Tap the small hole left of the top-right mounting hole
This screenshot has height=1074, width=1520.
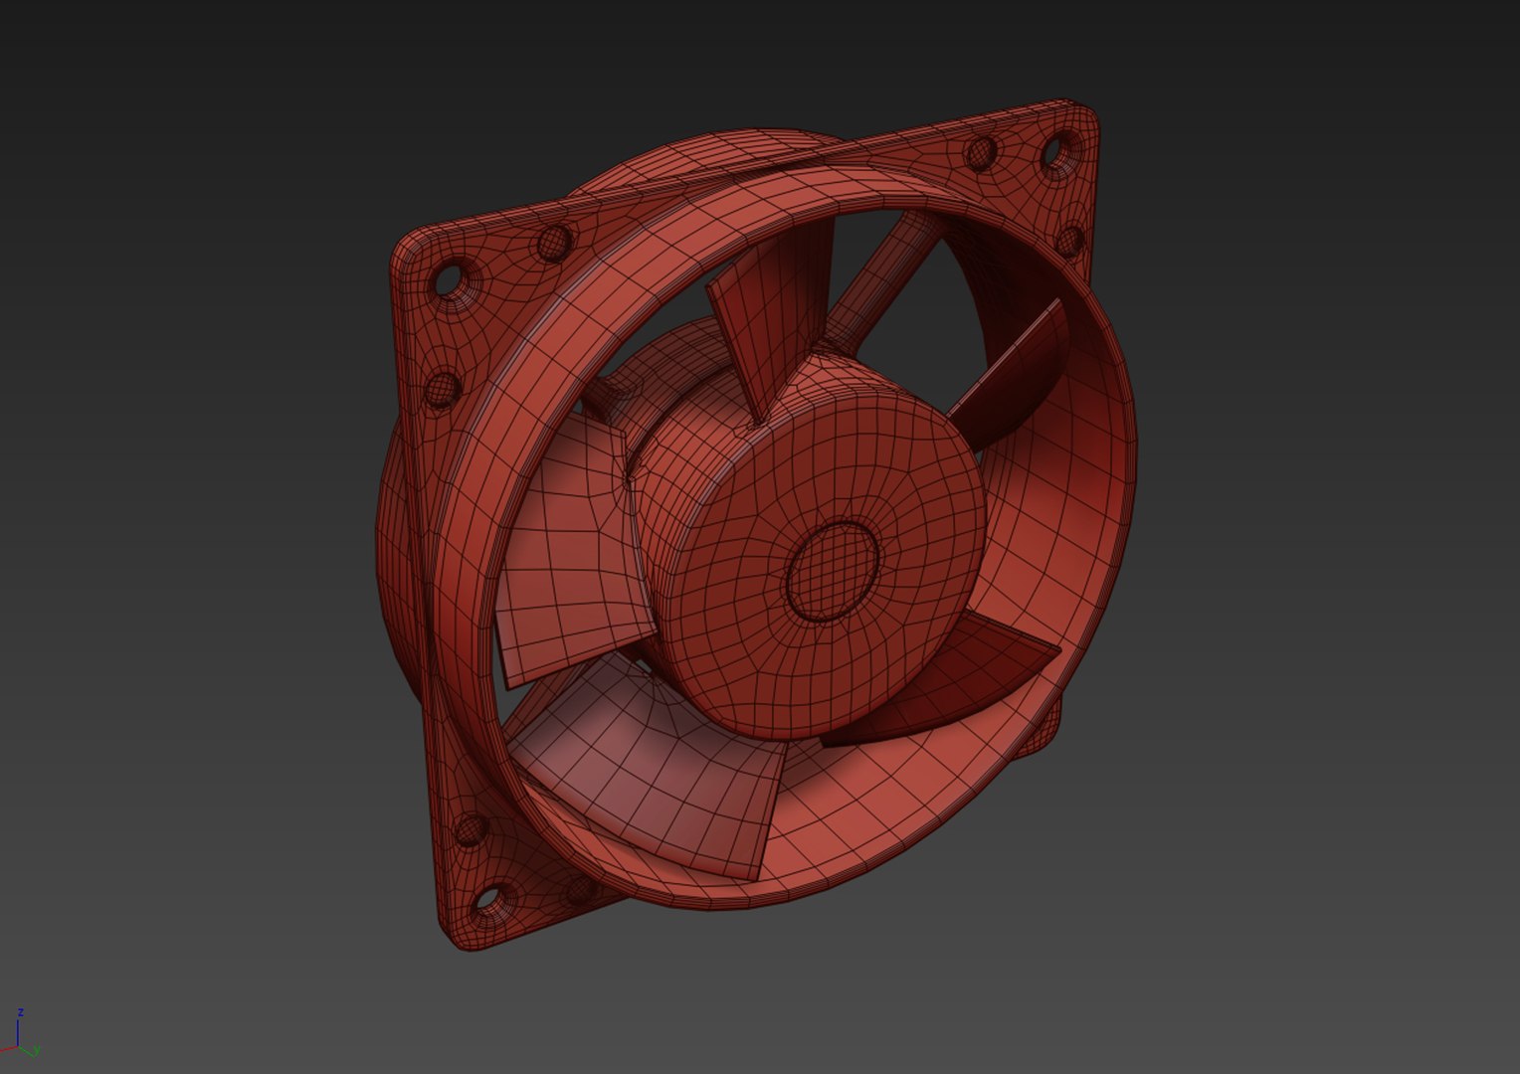981,152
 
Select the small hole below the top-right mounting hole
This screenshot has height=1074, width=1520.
1070,240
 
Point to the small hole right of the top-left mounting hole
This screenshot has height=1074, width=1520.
553,241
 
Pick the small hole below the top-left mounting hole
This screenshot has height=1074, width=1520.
441,389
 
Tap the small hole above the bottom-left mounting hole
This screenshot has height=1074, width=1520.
467,828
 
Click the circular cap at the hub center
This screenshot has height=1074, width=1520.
834,569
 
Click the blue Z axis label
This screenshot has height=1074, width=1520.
20,1012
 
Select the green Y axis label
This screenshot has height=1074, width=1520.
37,1050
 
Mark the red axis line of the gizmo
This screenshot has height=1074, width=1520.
8,1050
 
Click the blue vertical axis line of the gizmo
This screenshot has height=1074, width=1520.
19,1032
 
